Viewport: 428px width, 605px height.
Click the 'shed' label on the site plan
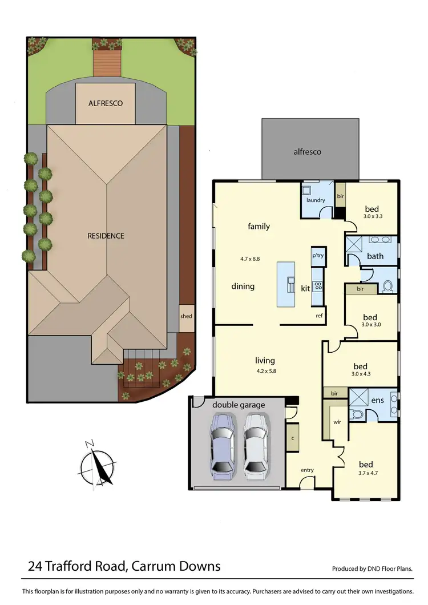pyautogui.click(x=186, y=316)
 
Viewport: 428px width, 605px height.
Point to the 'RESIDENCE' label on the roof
pyautogui.click(x=106, y=236)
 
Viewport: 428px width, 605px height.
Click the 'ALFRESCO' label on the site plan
pyautogui.click(x=106, y=103)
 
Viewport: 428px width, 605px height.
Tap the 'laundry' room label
pyautogui.click(x=316, y=200)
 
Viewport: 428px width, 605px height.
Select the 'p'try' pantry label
pyautogui.click(x=317, y=256)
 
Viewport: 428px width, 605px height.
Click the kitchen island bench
pyautogui.click(x=286, y=284)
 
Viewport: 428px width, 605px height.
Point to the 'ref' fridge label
pyautogui.click(x=320, y=315)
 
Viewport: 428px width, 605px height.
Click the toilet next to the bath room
pyautogui.click(x=387, y=285)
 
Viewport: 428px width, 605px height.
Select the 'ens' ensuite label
pyautogui.click(x=377, y=401)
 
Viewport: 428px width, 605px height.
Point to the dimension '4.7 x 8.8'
pyautogui.click(x=250, y=259)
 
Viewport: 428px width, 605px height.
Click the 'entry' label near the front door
pyautogui.click(x=307, y=470)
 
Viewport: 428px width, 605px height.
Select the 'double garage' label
pyautogui.click(x=239, y=405)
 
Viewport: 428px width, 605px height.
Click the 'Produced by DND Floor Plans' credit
pyautogui.click(x=372, y=569)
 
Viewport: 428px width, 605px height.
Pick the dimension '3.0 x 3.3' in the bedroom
pyautogui.click(x=372, y=217)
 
